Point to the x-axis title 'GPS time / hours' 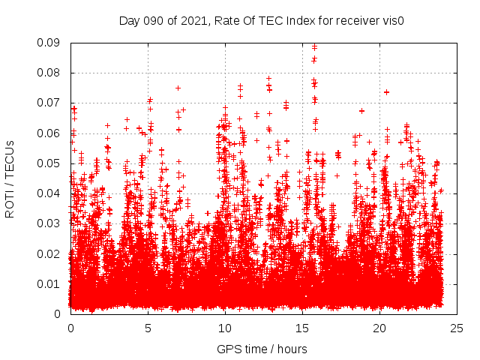pyautogui.click(x=262, y=349)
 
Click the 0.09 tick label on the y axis pyautogui.click(x=51, y=43)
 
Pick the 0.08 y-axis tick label pyautogui.click(x=51, y=73)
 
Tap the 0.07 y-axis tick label pyautogui.click(x=51, y=103)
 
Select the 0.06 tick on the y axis pyautogui.click(x=51, y=133)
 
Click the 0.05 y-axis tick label pyautogui.click(x=51, y=163)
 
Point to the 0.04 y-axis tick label pyautogui.click(x=51, y=193)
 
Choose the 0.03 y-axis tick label pyautogui.click(x=51, y=223)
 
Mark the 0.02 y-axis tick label pyautogui.click(x=51, y=253)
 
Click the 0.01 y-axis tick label pyautogui.click(x=51, y=283)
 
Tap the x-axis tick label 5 pyautogui.click(x=148, y=328)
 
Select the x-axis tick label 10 pyautogui.click(x=225, y=328)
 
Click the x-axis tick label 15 pyautogui.click(x=302, y=328)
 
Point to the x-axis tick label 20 pyautogui.click(x=379, y=328)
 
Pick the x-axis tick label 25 pyautogui.click(x=457, y=328)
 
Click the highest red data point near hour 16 pyautogui.click(x=314, y=47)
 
